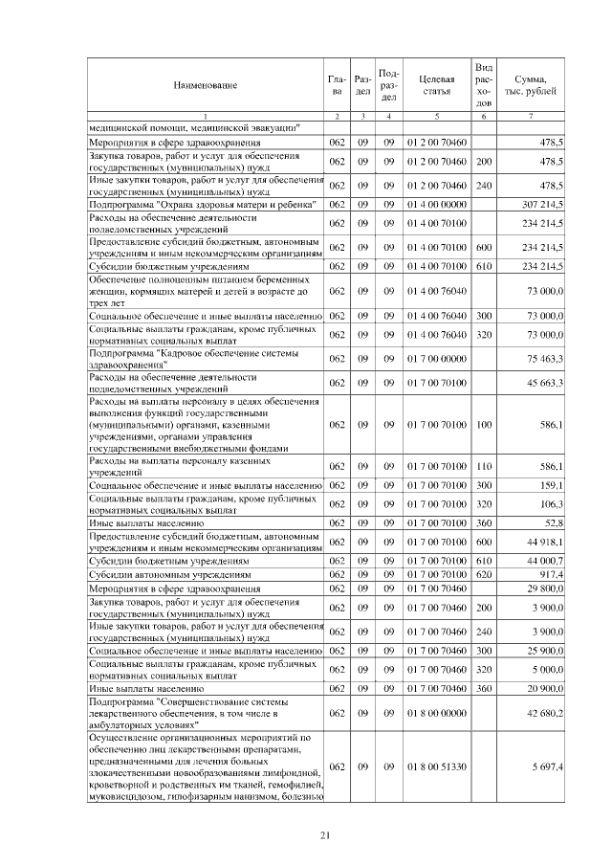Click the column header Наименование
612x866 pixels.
(x=206, y=85)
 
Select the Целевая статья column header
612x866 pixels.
(x=436, y=85)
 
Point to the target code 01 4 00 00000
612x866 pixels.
(x=436, y=204)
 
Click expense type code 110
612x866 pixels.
(x=484, y=466)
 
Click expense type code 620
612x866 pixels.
(x=484, y=573)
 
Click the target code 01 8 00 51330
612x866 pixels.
(x=436, y=766)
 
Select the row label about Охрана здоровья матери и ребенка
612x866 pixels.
(x=192, y=204)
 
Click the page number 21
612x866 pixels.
(x=325, y=837)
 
